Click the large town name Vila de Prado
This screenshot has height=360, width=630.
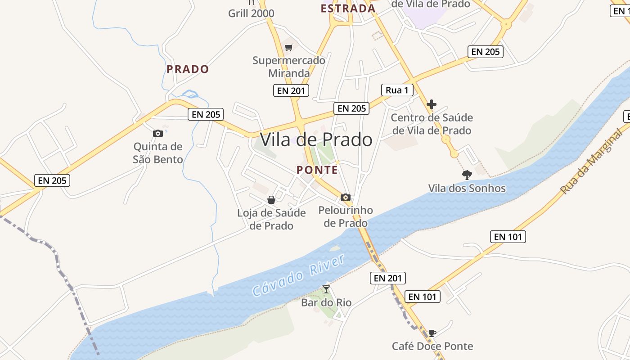(x=316, y=139)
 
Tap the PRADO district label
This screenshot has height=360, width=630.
(x=188, y=69)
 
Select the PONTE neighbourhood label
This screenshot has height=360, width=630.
(x=317, y=170)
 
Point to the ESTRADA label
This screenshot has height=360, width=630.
(x=348, y=9)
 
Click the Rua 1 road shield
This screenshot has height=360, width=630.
(x=397, y=90)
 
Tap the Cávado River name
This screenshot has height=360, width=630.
(x=299, y=275)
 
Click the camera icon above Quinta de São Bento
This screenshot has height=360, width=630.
(x=157, y=133)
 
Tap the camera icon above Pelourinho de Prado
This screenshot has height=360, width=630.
(x=346, y=197)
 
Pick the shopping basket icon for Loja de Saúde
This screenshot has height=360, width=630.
(x=271, y=200)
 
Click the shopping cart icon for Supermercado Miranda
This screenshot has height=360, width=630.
(x=289, y=47)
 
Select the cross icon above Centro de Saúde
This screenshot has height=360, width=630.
(x=432, y=104)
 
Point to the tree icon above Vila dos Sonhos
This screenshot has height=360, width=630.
(x=467, y=175)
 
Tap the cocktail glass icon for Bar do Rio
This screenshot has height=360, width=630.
(x=326, y=289)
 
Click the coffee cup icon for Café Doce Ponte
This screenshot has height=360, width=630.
(x=432, y=333)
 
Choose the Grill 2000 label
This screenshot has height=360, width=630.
(x=251, y=13)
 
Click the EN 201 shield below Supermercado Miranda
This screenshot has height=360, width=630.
(x=291, y=90)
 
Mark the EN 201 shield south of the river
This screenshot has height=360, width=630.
(x=388, y=278)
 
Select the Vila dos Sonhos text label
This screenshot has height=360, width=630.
(x=467, y=188)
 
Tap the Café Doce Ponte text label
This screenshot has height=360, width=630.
(x=432, y=346)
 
